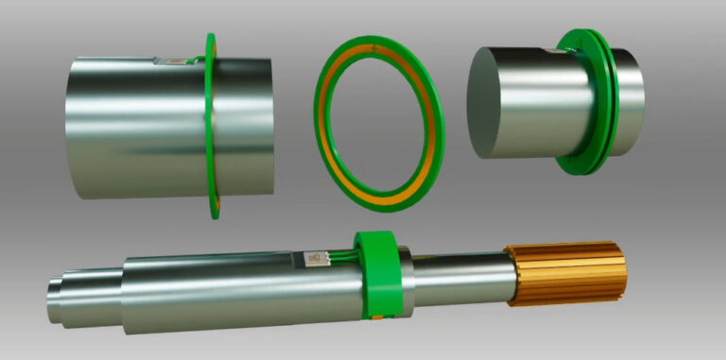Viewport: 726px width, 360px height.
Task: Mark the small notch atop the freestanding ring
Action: [x=377, y=46]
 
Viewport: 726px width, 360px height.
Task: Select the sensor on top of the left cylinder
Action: [x=173, y=61]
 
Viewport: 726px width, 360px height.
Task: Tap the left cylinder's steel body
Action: [x=132, y=128]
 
